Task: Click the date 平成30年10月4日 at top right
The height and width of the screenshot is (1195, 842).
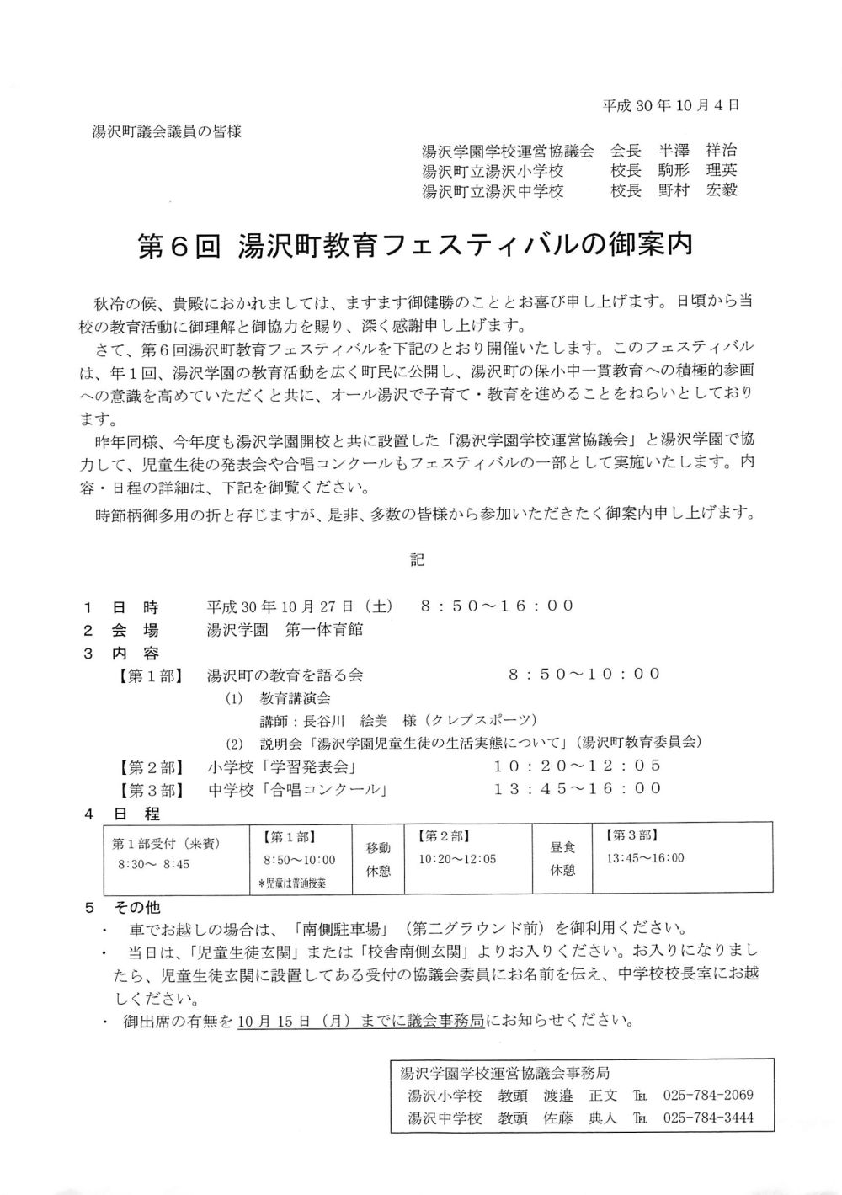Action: point(671,106)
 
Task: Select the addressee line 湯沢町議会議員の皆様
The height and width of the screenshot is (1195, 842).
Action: point(167,132)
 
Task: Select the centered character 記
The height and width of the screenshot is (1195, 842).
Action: point(418,559)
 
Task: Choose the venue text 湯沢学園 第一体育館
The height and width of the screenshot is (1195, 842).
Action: point(285,629)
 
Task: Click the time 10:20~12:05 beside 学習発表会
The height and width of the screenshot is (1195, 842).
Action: point(578,766)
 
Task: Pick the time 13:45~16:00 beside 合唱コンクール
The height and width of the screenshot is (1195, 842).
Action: point(578,788)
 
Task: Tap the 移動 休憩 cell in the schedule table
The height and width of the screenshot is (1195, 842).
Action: point(378,860)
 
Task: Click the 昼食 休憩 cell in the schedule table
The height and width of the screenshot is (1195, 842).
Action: point(562,860)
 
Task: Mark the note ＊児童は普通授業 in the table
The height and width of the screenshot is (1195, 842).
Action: point(292,883)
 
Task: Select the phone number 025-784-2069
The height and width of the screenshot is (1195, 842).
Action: point(708,1096)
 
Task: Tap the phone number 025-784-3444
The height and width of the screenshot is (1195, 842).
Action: point(708,1118)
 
